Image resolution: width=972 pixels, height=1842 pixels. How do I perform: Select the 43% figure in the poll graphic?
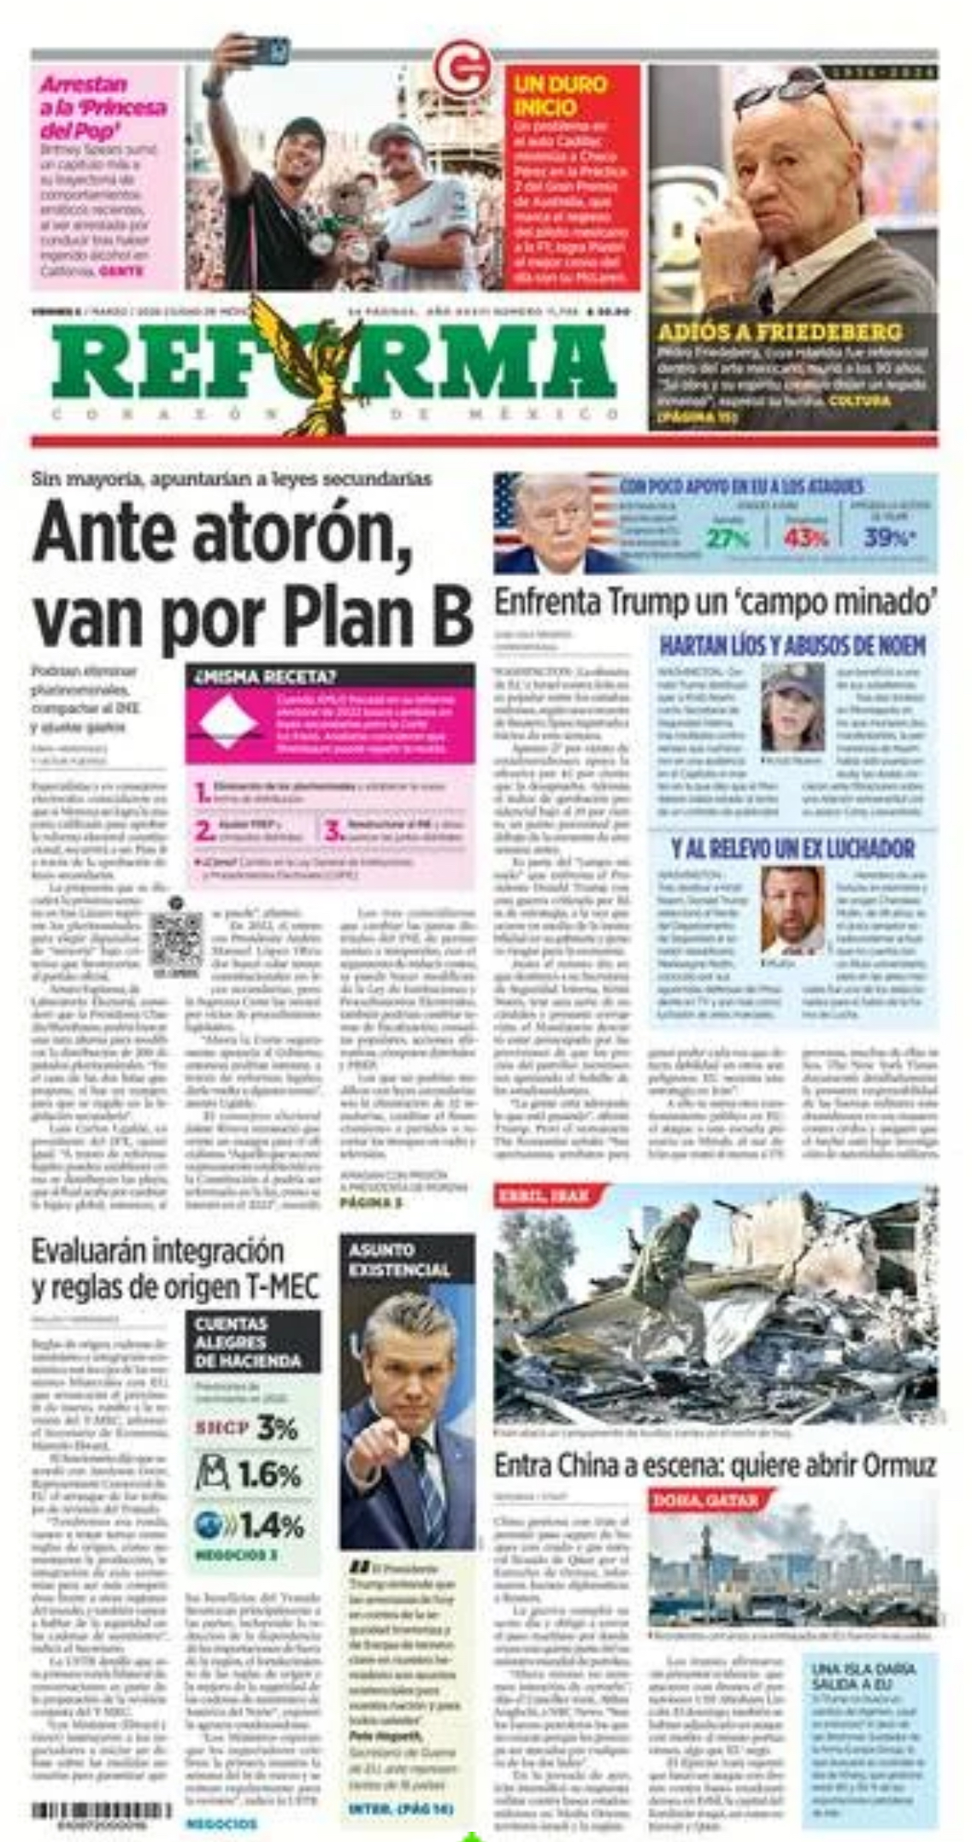coord(806,538)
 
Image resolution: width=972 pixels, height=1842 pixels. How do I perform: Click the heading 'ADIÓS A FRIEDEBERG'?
coord(779,332)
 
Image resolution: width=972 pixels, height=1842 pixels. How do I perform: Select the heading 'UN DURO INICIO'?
coord(560,96)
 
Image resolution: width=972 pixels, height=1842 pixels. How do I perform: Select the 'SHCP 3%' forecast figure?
coord(246,1428)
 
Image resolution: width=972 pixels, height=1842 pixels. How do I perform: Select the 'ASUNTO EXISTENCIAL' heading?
coord(398,1260)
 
